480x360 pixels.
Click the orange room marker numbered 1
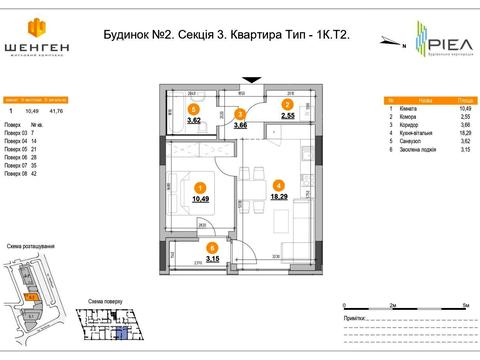point(201,187)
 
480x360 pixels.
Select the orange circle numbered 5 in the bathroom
point(194,110)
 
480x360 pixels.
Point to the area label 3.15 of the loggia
point(212,259)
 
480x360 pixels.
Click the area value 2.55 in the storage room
point(286,116)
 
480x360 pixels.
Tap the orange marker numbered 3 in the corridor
point(240,113)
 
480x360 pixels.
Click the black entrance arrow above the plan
point(250,80)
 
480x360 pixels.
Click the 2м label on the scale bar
point(395,309)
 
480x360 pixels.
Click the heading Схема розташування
point(30,246)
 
